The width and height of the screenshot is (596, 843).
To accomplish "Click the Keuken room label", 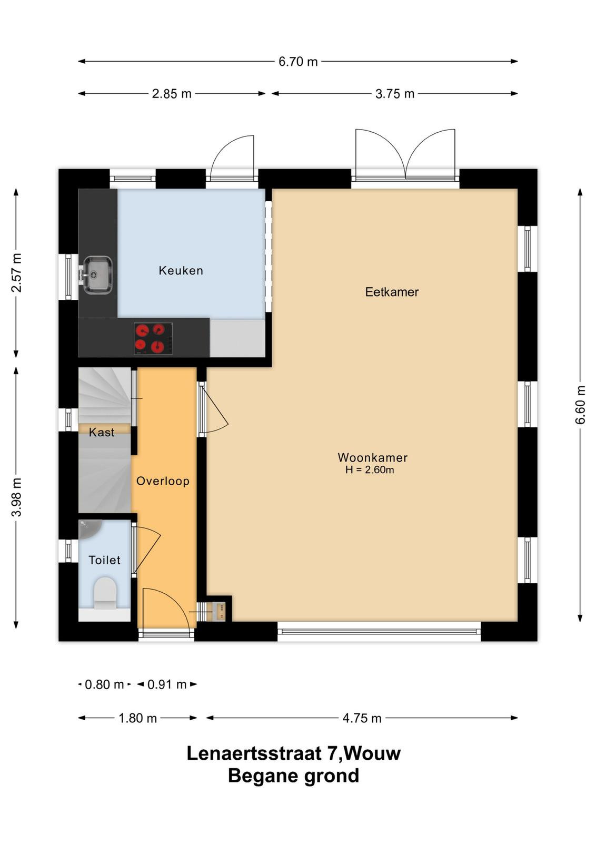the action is pyautogui.click(x=181, y=270).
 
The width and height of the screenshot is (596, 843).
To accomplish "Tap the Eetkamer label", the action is pyautogui.click(x=392, y=292).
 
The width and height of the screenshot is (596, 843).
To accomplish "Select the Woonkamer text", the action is pyautogui.click(x=372, y=457).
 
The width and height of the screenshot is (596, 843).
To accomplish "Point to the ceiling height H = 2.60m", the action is pyautogui.click(x=370, y=469).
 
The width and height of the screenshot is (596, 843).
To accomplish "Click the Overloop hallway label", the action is pyautogui.click(x=163, y=481).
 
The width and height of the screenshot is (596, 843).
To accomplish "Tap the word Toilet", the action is pyautogui.click(x=104, y=560).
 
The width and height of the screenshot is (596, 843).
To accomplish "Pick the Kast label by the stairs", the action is pyautogui.click(x=102, y=432).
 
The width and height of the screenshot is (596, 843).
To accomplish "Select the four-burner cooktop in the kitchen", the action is pyautogui.click(x=153, y=338).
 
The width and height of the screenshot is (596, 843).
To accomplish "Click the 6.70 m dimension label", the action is pyautogui.click(x=298, y=61).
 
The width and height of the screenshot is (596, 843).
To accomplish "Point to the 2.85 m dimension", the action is pyautogui.click(x=172, y=93).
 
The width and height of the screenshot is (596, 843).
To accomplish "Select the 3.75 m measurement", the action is pyautogui.click(x=394, y=93).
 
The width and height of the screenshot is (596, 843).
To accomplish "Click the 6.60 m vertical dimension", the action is pyautogui.click(x=580, y=405).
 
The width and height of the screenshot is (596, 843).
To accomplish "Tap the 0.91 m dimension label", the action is pyautogui.click(x=167, y=684).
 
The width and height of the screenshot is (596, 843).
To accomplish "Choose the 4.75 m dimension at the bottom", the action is pyautogui.click(x=362, y=718).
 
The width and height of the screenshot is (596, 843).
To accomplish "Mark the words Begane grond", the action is pyautogui.click(x=293, y=776).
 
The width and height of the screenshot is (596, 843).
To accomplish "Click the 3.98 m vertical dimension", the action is pyautogui.click(x=16, y=497).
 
